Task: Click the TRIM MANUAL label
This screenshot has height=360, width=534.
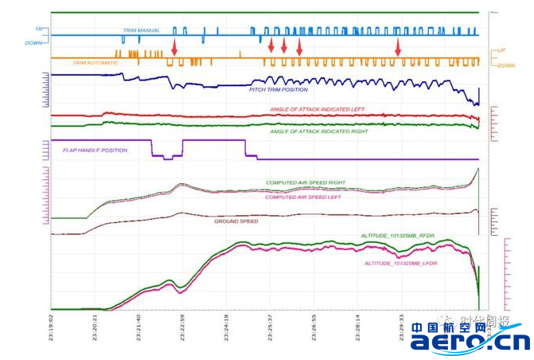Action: (141, 30)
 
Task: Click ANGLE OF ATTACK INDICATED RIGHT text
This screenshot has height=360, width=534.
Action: (318, 131)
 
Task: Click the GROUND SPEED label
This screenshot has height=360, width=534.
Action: (236, 221)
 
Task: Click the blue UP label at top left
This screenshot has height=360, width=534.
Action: (40, 29)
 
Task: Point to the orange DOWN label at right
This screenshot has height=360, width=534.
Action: (505, 66)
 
